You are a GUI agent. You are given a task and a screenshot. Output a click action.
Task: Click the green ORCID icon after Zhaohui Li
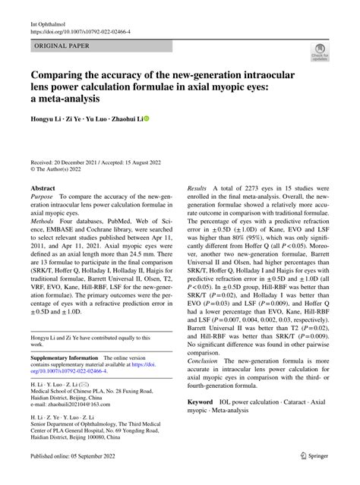click(x=146, y=119)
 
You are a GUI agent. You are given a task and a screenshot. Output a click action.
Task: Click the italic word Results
click(x=197, y=186)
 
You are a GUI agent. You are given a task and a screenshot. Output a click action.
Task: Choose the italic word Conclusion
click(x=205, y=359)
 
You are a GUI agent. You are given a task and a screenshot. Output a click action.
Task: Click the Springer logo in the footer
click(x=315, y=455)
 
